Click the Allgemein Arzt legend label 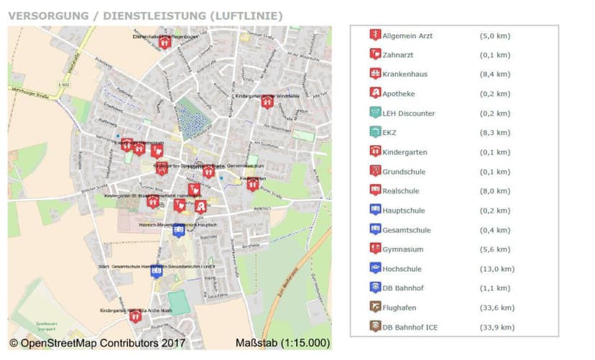tap(407, 35)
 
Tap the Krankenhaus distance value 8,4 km tap(494, 74)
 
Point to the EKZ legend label tap(390, 132)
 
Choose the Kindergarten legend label tap(405, 152)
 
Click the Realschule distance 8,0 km tap(494, 191)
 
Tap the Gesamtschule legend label tap(407, 230)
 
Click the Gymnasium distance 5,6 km tap(494, 249)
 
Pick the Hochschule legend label tap(402, 269)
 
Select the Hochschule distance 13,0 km tap(497, 269)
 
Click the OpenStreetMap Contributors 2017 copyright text tap(97, 343)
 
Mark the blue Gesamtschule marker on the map tap(156, 271)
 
